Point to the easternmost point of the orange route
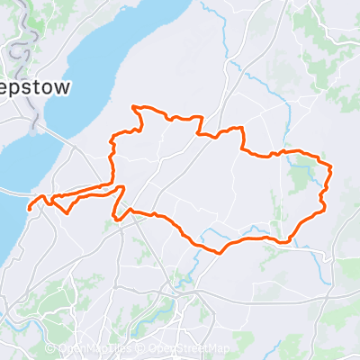click(332, 167)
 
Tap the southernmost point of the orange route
click(218, 251)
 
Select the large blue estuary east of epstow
click(117, 54)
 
